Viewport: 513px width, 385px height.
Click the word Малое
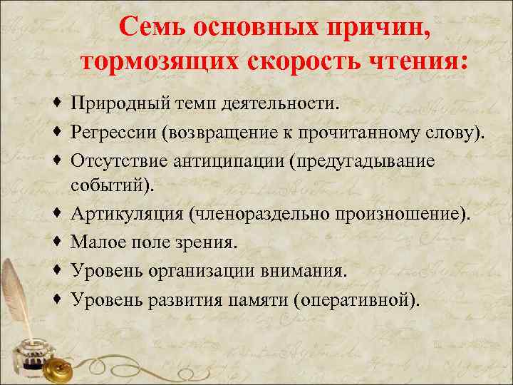(x=93, y=243)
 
